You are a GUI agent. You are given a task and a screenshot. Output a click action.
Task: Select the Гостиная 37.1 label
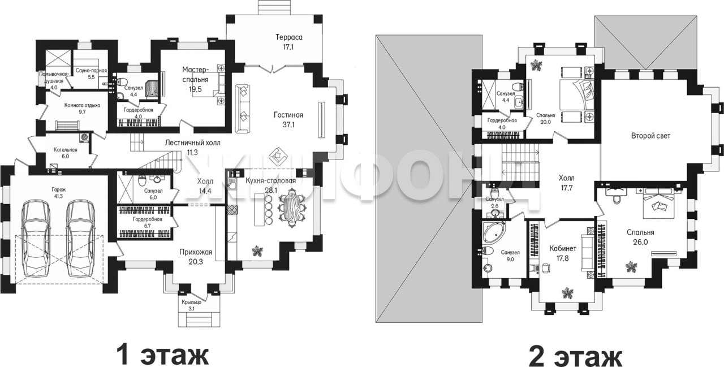[288, 119]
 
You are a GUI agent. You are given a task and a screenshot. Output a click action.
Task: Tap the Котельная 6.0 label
[66, 153]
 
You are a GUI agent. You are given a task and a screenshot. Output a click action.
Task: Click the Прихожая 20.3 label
[196, 257]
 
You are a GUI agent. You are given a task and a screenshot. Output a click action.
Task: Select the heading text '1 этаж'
[162, 355]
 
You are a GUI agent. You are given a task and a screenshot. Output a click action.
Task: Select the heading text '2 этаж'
[575, 355]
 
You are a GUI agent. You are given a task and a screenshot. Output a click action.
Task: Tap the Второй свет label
[650, 136]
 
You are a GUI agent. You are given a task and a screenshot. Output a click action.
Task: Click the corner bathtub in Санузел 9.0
[492, 232]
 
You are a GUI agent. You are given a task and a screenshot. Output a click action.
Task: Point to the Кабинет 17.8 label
[563, 253]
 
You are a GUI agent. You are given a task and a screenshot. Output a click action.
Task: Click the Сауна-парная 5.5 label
[91, 74]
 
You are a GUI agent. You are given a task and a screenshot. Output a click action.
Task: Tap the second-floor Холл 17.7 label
[567, 183]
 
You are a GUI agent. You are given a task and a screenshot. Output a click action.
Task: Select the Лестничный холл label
[193, 143]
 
